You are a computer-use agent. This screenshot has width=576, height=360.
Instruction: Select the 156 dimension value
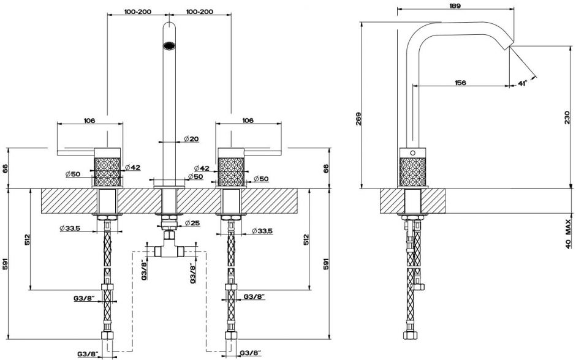pos(463,83)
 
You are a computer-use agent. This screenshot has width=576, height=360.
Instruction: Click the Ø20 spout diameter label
pos(191,140)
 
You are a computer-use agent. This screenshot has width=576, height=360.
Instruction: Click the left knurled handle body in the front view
pos(108,171)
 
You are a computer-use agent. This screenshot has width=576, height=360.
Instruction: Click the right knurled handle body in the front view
pos(233,171)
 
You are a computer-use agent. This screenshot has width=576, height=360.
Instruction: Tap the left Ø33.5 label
pos(70,228)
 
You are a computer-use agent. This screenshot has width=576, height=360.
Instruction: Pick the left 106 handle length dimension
pos(89,121)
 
